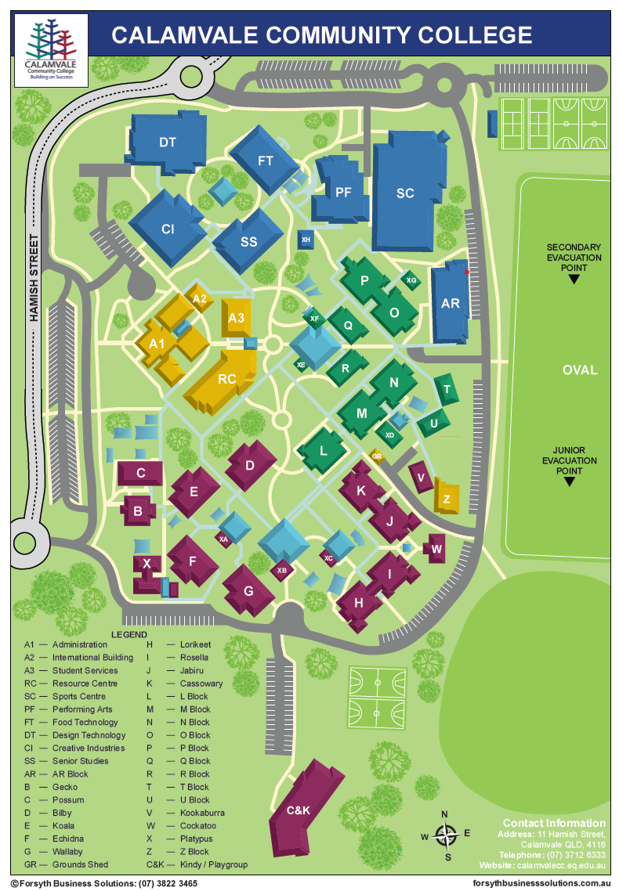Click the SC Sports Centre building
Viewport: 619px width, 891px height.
pos(405,193)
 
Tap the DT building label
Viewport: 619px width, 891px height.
pos(167,142)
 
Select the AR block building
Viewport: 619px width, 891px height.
pos(450,304)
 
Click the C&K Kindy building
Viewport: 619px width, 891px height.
pos(299,810)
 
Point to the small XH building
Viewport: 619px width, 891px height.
pos(306,240)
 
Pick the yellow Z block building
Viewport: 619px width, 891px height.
pos(447,498)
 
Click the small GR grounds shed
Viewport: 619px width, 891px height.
pos(377,456)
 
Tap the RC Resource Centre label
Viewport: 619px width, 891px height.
pos(226,379)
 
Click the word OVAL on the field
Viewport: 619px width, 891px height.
pos(579,370)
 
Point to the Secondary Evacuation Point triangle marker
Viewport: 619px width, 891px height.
pos(574,279)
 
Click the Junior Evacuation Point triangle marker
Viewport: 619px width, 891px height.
pos(569,482)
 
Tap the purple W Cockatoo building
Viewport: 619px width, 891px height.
pos(436,548)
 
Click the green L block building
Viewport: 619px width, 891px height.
pos(323,451)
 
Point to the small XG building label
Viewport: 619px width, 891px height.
pos(411,280)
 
